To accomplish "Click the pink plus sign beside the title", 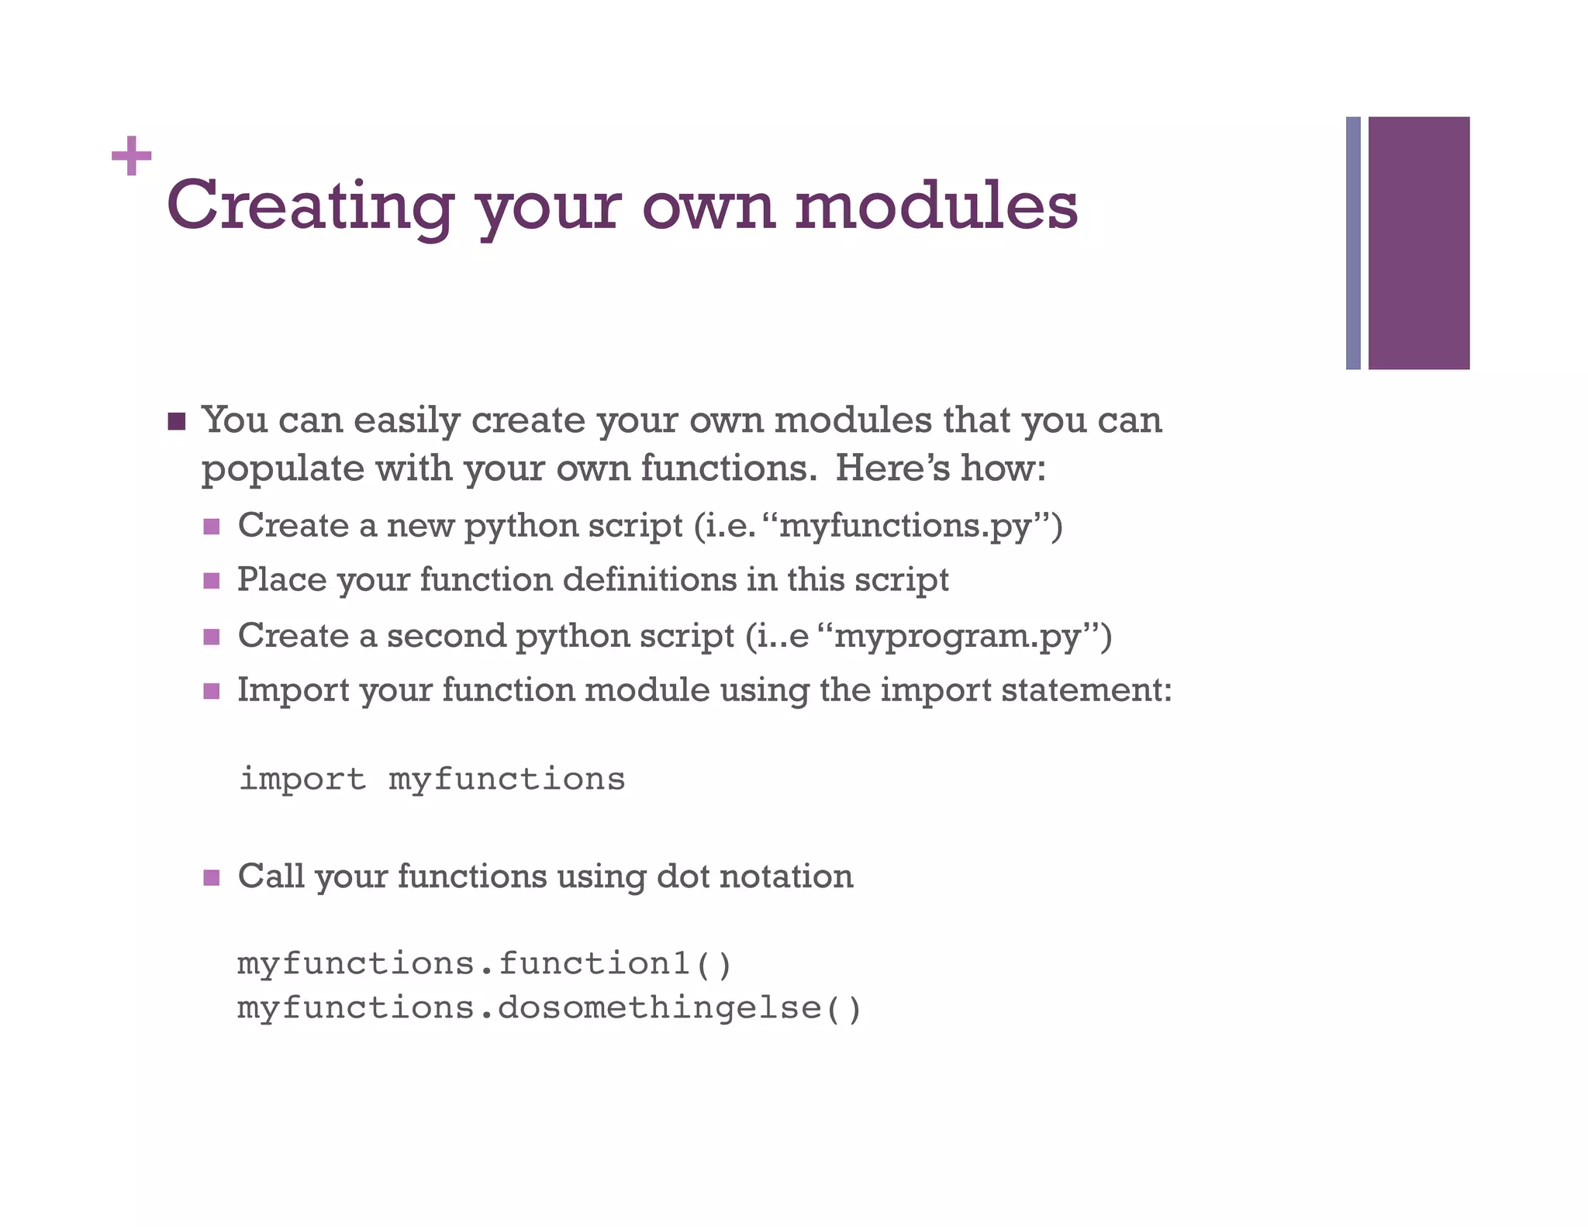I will point(131,157).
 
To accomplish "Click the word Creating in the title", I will point(309,206).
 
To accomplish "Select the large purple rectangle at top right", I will point(1418,243).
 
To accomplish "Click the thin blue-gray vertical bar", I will point(1353,243).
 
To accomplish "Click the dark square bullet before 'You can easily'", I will point(177,422).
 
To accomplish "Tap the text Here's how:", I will point(941,468).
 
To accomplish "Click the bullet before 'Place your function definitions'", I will point(211,581).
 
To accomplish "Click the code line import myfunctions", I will point(432,779).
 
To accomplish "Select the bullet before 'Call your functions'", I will point(211,878).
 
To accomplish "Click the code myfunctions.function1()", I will point(485,964).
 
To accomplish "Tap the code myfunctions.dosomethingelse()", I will point(549,1008).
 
